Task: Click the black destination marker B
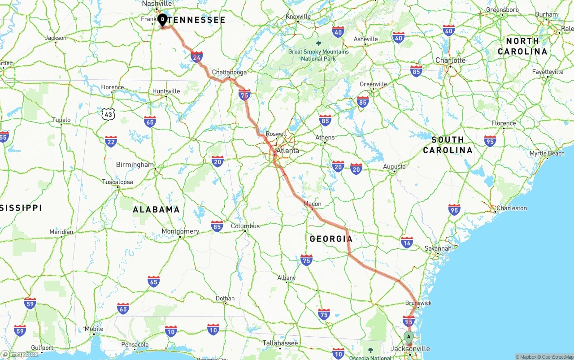coord(162,20)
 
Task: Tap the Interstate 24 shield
coord(196,57)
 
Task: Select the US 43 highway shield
coord(108,114)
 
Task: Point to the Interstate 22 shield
coord(111,142)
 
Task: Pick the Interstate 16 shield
coord(407,242)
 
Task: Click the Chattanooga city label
coord(229,72)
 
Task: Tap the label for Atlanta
coord(287,151)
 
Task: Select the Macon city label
coord(313,204)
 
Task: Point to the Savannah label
coord(438,248)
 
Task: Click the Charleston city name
coord(511,208)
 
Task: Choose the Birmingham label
coord(135,165)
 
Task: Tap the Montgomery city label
coord(180,231)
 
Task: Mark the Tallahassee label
coord(280,343)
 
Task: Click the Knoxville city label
coord(298,17)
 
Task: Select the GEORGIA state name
coord(331,239)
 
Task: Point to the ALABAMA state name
coord(156,209)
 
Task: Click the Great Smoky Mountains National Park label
coord(318,55)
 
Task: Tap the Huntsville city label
coord(166,91)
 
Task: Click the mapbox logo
coord(20,354)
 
